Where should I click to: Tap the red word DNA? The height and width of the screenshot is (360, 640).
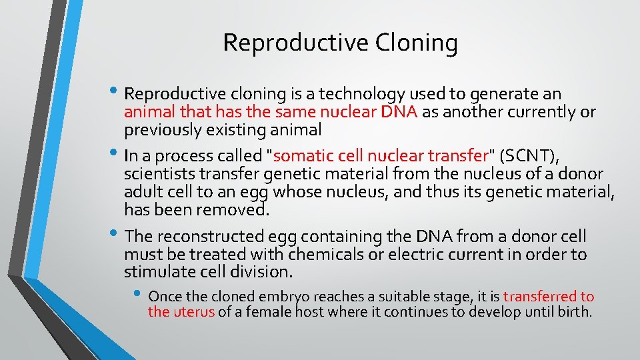(399, 112)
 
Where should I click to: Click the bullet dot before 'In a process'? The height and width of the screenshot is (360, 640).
(116, 156)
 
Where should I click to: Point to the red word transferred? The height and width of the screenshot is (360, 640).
(541, 297)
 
